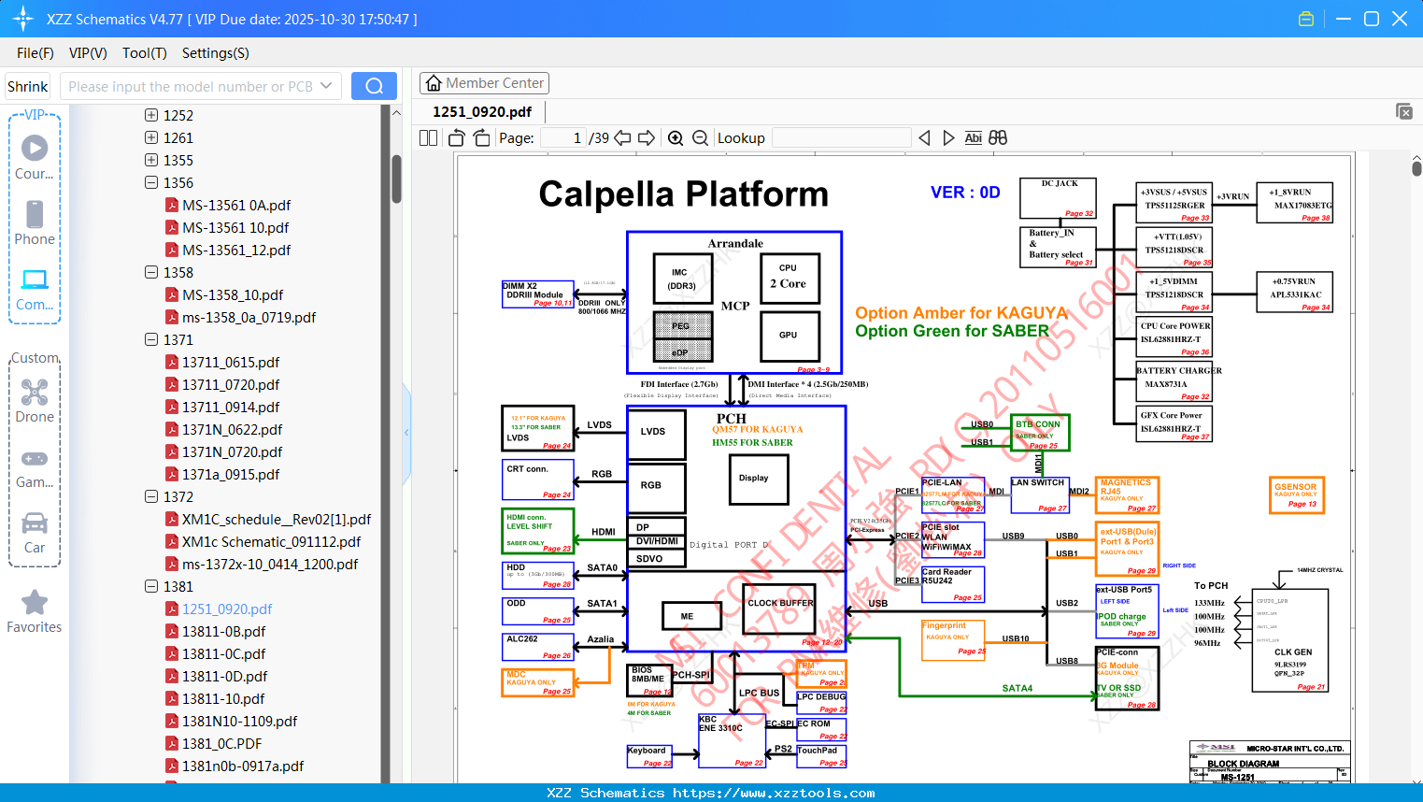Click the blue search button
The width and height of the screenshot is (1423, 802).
click(x=374, y=86)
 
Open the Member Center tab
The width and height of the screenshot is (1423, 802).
click(x=484, y=83)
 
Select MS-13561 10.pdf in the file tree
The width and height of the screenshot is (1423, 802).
click(x=235, y=227)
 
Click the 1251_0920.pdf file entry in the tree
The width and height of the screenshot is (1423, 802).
click(x=227, y=609)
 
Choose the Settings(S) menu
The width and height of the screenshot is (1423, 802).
click(x=215, y=53)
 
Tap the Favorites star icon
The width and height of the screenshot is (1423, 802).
click(x=35, y=603)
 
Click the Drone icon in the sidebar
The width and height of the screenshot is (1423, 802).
click(x=35, y=393)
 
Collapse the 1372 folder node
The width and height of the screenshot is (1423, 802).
click(x=151, y=496)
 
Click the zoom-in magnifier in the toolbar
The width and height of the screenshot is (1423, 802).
click(x=676, y=138)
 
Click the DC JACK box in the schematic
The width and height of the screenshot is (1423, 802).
click(x=1058, y=197)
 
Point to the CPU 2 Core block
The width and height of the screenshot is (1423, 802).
click(x=788, y=277)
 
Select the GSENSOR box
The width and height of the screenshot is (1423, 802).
click(x=1297, y=494)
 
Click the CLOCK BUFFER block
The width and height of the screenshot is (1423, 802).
click(x=780, y=608)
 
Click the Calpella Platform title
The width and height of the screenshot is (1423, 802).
click(x=683, y=194)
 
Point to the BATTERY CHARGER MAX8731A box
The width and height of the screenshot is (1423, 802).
click(x=1174, y=383)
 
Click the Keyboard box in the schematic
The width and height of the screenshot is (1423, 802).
click(x=649, y=755)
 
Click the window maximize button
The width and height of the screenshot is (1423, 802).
click(x=1372, y=19)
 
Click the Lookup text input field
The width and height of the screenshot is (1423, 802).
click(x=841, y=138)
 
